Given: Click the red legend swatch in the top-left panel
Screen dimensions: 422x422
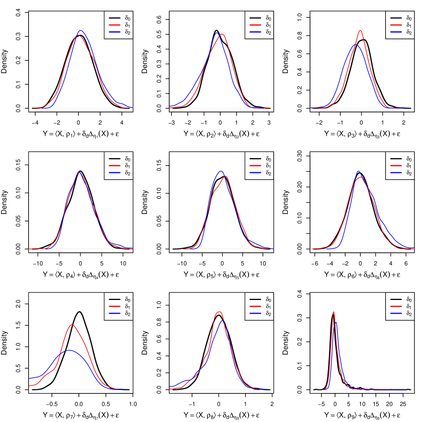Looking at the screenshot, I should tap(114, 25).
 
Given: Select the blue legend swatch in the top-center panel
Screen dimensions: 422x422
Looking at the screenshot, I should tap(255, 32).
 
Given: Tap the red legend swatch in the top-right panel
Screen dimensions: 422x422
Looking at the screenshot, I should tap(396, 25).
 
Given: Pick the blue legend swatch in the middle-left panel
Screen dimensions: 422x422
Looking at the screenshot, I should tap(114, 172).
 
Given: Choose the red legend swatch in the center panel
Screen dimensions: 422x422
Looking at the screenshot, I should tap(255, 166).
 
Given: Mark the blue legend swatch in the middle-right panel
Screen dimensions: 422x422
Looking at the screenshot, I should tap(396, 172).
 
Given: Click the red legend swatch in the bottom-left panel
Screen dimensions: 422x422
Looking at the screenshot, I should tap(114, 307).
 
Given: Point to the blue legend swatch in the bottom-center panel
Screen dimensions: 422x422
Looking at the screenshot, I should tap(255, 313).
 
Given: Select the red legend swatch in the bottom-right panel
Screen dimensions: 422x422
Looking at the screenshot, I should tap(396, 307).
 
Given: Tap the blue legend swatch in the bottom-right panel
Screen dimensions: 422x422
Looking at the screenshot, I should tap(396, 313).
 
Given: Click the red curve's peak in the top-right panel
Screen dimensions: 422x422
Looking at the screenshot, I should tap(360, 31).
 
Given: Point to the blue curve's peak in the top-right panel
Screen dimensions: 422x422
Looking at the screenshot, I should tap(356, 45).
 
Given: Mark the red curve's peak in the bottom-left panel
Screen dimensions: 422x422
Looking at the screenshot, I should tap(72, 324).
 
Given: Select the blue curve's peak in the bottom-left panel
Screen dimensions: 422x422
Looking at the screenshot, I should tap(70, 350).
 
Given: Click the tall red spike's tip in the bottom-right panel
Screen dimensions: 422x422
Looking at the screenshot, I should tap(334, 312).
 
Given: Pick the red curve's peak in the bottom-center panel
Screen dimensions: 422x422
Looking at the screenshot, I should tap(219, 312).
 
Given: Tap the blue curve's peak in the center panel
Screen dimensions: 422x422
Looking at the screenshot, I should tap(221, 171).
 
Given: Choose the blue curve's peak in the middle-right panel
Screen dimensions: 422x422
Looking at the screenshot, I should tap(358, 171).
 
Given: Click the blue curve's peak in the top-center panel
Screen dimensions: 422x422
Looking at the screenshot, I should tap(217, 33).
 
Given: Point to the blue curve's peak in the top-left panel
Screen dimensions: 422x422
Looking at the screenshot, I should tap(80, 31).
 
